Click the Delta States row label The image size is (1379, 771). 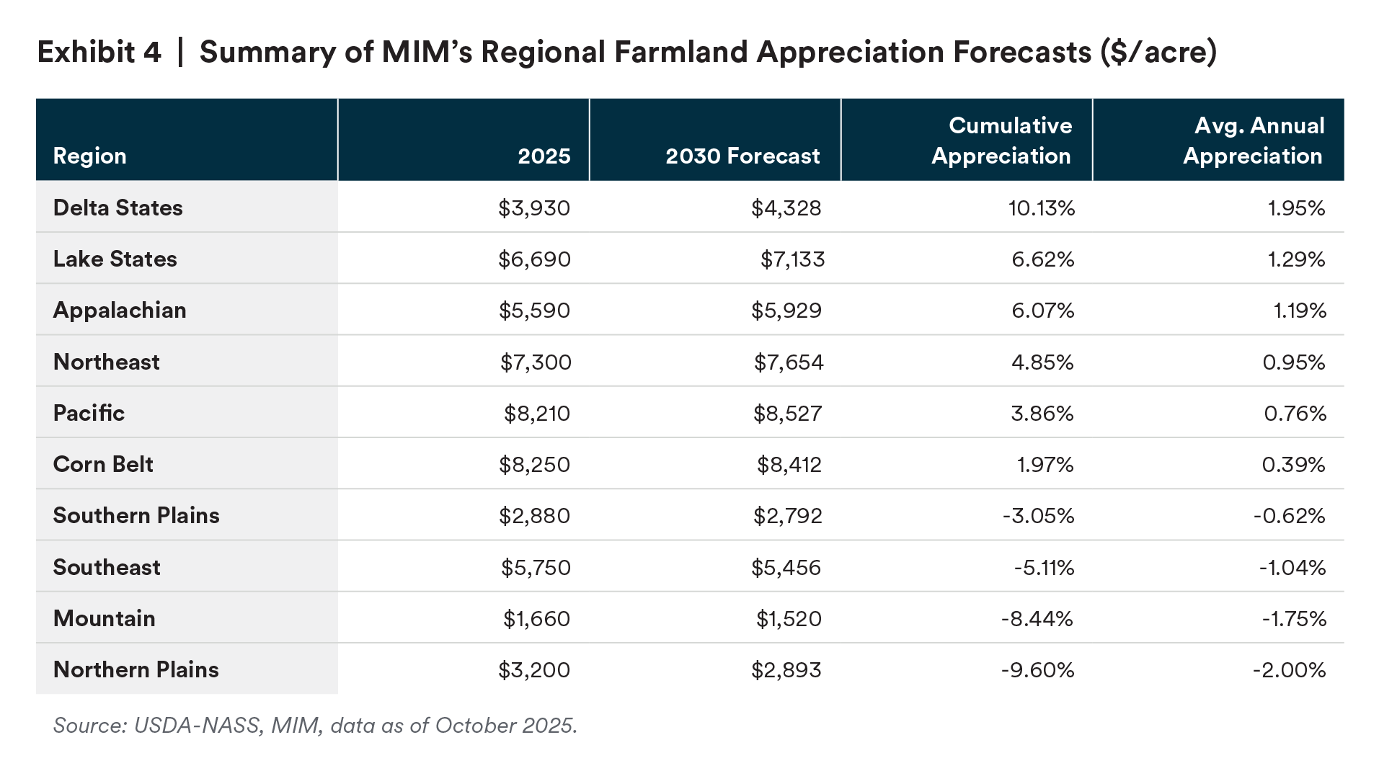point(118,208)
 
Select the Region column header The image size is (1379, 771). point(90,156)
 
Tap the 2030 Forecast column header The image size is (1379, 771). point(742,156)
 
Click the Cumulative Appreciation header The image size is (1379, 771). point(1001,141)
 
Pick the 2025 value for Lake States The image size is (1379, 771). point(534,259)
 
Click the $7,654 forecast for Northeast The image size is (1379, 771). point(789,362)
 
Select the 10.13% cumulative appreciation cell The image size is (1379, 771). point(1041,208)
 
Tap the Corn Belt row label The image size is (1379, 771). point(103,464)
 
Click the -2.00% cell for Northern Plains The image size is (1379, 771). point(1289,670)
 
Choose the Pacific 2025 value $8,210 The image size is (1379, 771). point(537,414)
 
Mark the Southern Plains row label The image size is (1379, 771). point(136,515)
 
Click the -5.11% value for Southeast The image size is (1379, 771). point(1044,568)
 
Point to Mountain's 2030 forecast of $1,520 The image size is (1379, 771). point(789,619)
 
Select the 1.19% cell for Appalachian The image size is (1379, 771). point(1300,311)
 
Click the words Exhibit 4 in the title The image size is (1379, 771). point(99,52)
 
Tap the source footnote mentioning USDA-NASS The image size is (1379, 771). point(315,725)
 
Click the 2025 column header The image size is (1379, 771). point(544,156)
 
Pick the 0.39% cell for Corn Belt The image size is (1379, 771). point(1293,465)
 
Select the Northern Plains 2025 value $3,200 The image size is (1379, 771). point(534,670)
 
